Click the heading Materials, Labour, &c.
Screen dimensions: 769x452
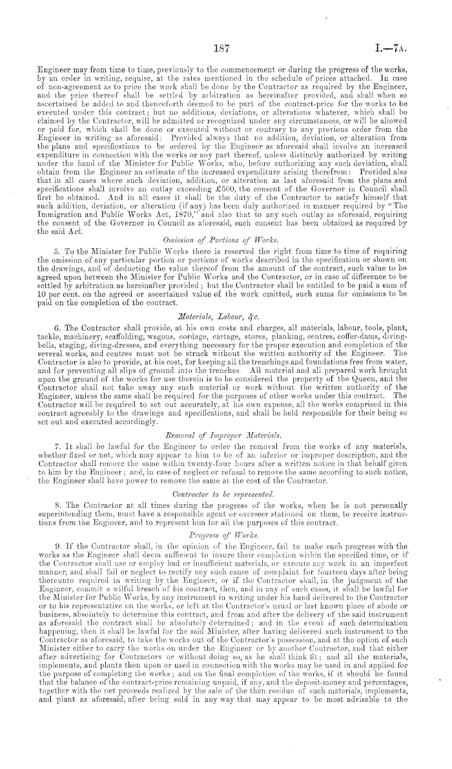click(x=226, y=298)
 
